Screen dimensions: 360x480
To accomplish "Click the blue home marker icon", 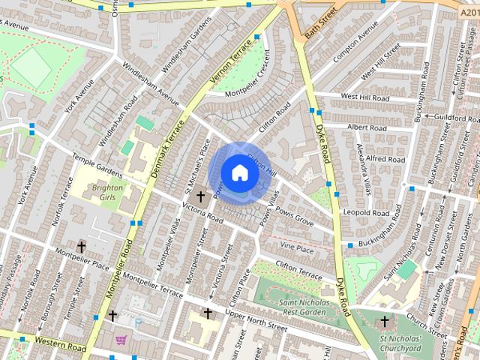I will tap(239, 172).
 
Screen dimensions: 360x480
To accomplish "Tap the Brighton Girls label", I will tap(107, 192).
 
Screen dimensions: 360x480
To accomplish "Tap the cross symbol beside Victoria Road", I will tap(200, 197).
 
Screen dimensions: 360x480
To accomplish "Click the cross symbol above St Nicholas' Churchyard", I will tap(385, 322).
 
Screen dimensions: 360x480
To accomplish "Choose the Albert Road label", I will tap(366, 127).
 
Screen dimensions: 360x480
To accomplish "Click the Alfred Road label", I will tap(385, 159).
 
